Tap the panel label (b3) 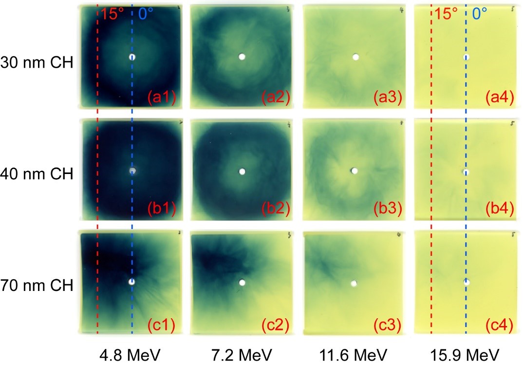tap(388, 212)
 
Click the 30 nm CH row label tap(37, 63)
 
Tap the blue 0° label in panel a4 tap(480, 14)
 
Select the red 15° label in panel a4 tap(446, 14)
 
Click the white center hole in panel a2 tap(242, 57)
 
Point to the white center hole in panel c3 tap(354, 283)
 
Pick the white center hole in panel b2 tap(242, 171)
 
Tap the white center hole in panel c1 tap(131, 282)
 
